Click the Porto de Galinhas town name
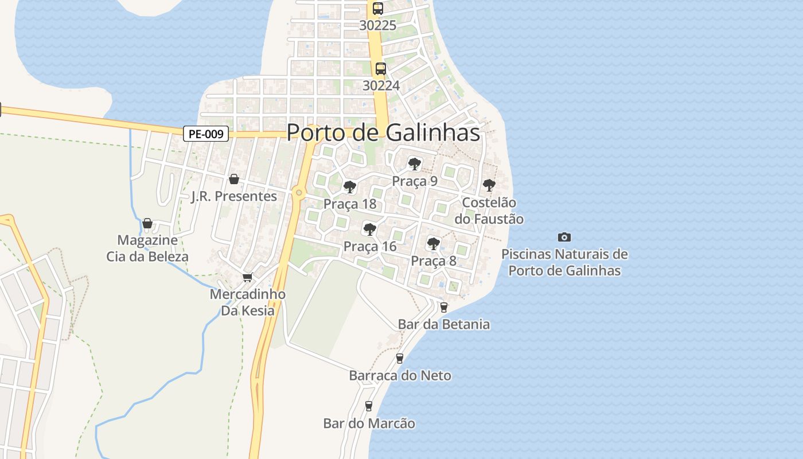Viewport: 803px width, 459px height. tap(383, 133)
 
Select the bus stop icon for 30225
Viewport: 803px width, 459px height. tap(377, 9)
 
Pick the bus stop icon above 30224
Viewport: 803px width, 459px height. tap(380, 69)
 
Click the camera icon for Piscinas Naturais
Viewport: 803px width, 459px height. tap(564, 237)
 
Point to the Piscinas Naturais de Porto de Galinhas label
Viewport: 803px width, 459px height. tap(564, 262)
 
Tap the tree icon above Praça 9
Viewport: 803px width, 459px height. tap(414, 164)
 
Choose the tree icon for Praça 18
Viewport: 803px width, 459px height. tap(349, 187)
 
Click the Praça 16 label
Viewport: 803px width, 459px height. tap(370, 247)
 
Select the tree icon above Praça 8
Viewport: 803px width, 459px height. tap(434, 244)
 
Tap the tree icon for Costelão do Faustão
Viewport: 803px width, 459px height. tap(489, 185)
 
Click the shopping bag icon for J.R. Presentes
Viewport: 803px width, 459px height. tap(233, 179)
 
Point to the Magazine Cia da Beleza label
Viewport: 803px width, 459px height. tap(147, 248)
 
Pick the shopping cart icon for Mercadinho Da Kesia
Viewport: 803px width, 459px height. tap(247, 277)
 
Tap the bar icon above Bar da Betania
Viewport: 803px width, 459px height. tap(443, 307)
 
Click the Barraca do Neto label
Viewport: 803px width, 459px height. tap(400, 376)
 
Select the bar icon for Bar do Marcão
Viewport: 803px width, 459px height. tap(368, 406)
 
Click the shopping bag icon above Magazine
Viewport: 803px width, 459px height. tap(147, 223)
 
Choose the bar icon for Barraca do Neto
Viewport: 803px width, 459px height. tap(400, 359)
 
